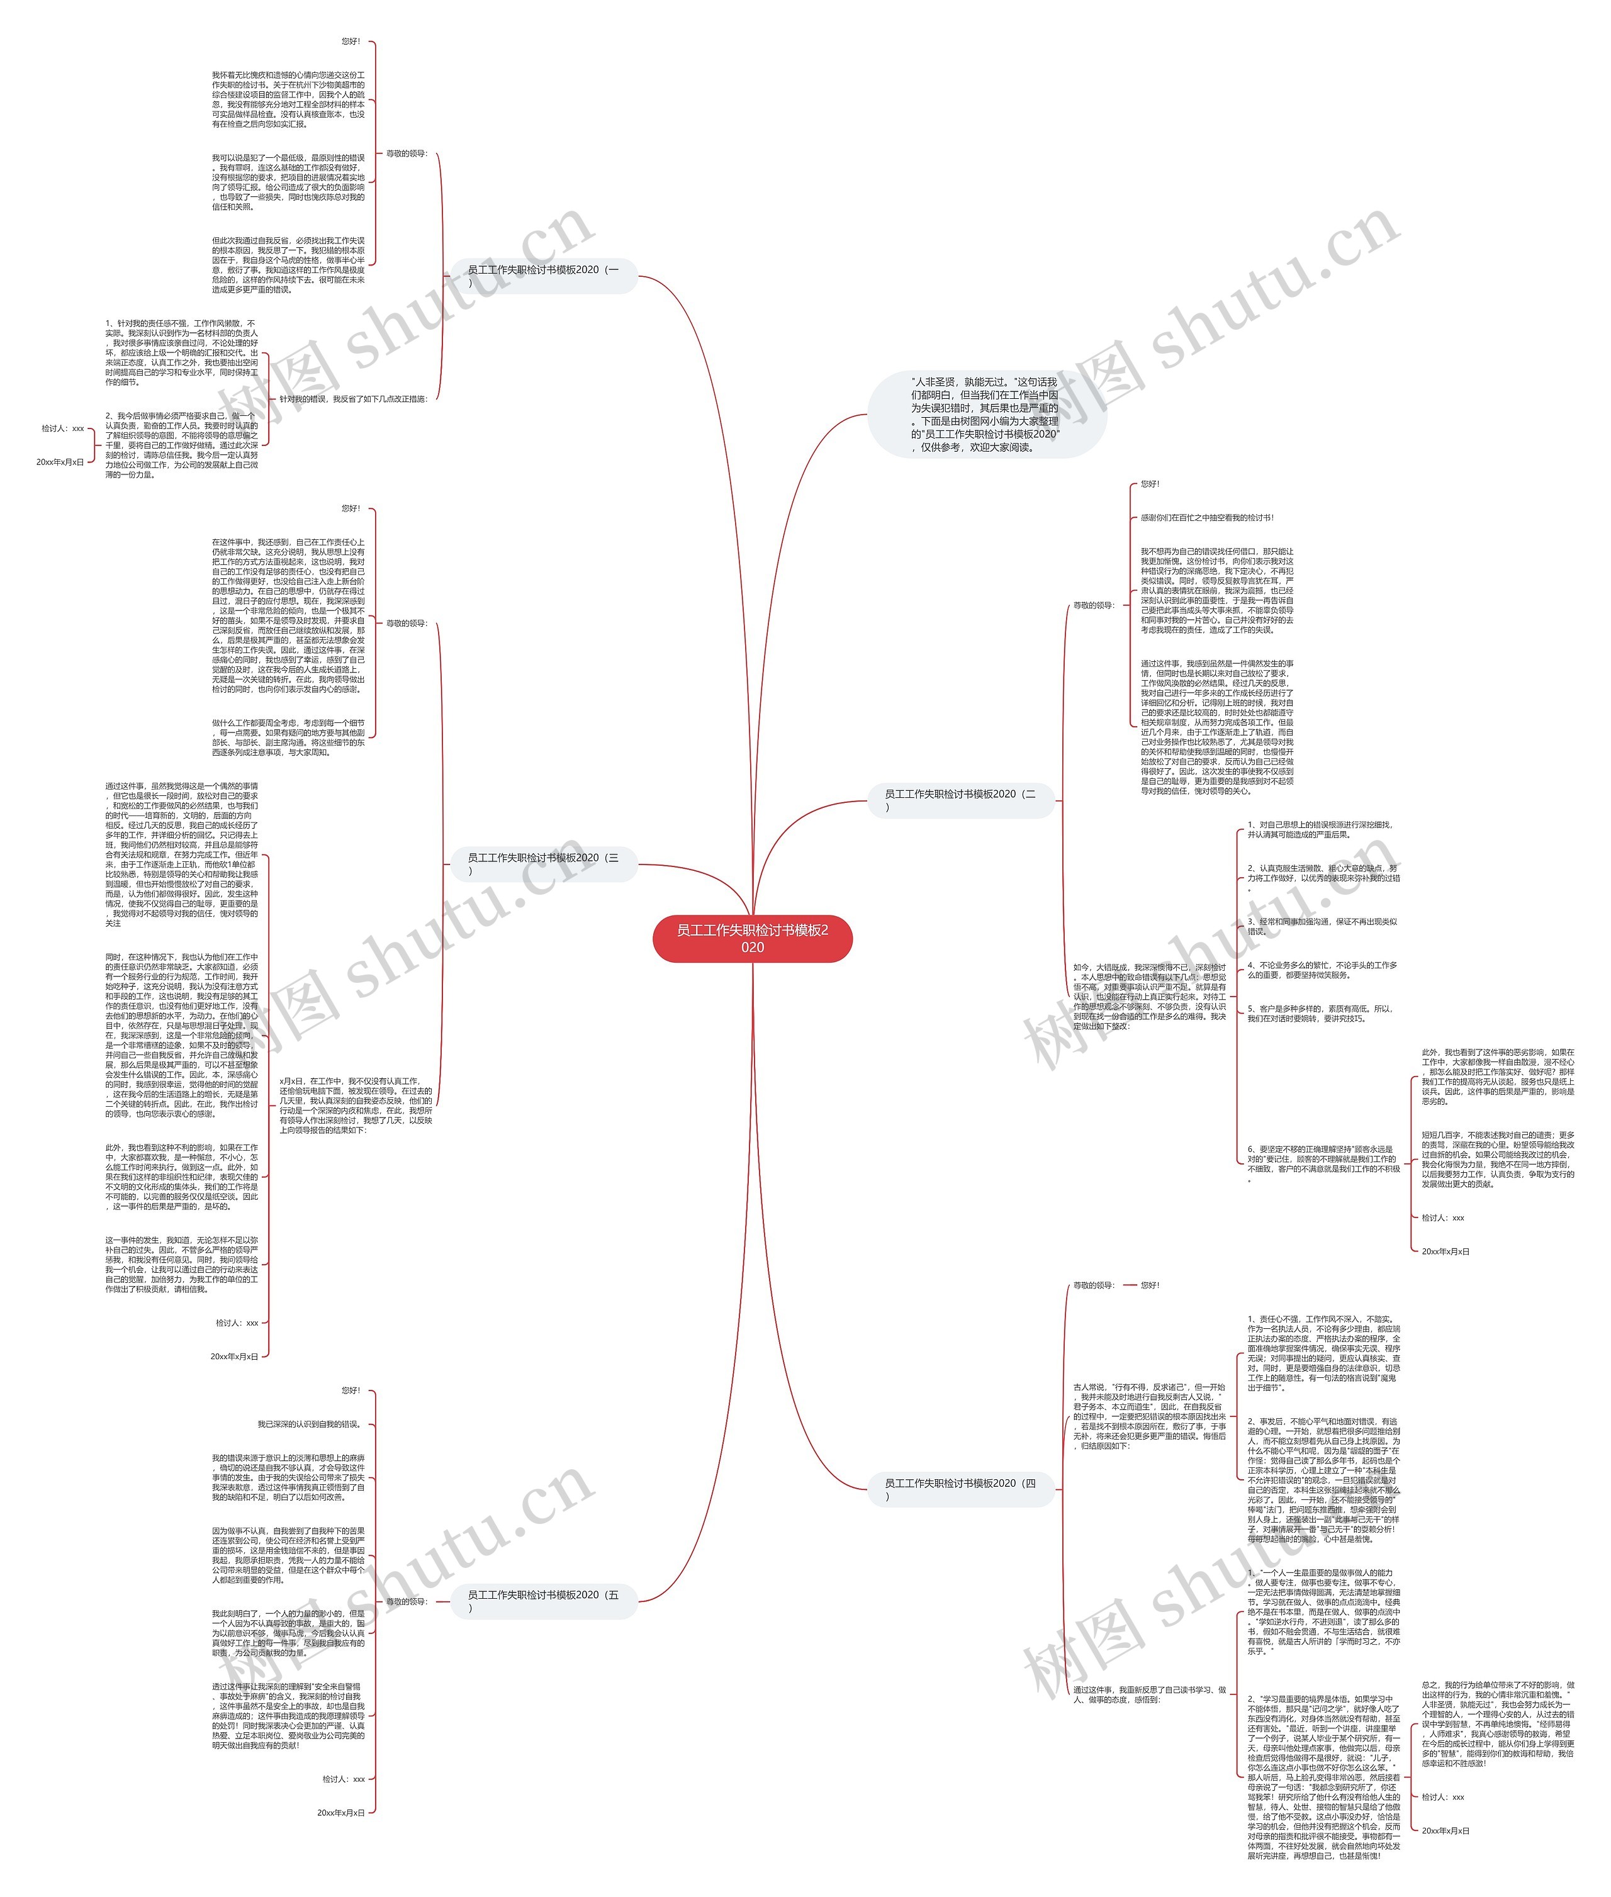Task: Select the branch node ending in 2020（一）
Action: tap(543, 275)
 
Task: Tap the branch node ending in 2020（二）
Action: tap(961, 800)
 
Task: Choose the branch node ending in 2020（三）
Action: tap(543, 864)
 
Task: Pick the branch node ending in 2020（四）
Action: tap(961, 1489)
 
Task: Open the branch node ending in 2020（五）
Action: tap(543, 1601)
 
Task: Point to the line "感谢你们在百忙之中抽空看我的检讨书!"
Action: tap(1206, 518)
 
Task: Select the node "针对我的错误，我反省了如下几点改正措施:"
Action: tap(352, 399)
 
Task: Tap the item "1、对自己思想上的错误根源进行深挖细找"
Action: tap(1320, 829)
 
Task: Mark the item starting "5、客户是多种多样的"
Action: tap(1320, 1014)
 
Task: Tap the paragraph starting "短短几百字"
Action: tap(1497, 1160)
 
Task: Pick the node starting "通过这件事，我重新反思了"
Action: tap(1149, 1694)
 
